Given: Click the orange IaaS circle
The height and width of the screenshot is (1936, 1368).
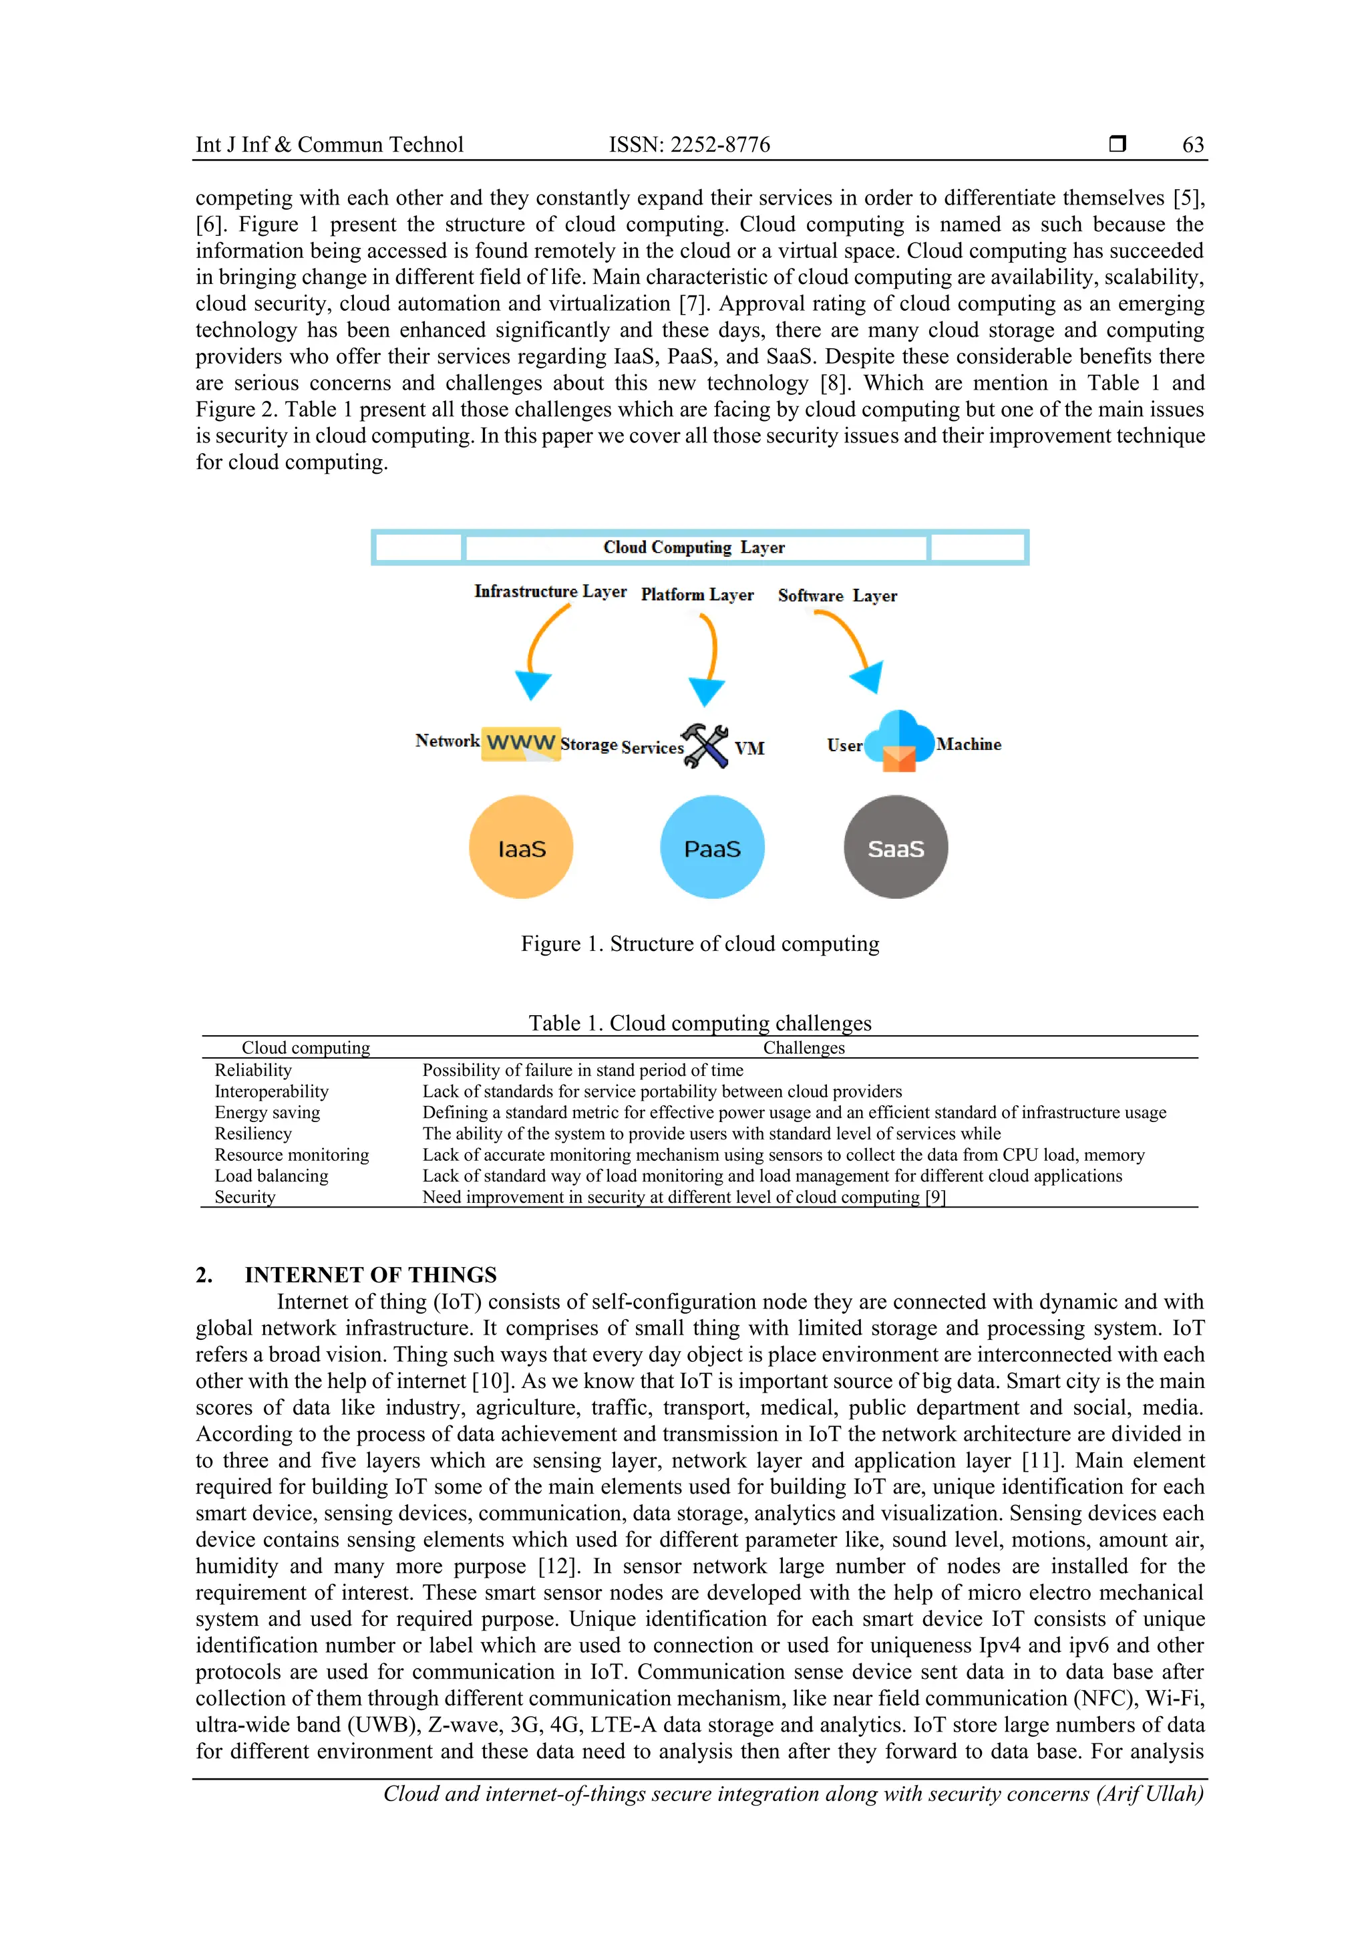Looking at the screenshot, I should tap(521, 847).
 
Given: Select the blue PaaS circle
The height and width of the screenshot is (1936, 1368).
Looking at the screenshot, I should tap(712, 847).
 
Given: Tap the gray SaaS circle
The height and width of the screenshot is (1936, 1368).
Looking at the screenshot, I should tap(895, 847).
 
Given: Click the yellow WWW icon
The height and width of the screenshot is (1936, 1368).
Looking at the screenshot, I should tap(520, 743).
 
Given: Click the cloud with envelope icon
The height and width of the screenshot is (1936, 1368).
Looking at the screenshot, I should tap(899, 741).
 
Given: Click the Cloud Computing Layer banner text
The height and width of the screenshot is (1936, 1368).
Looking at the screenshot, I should tap(694, 547).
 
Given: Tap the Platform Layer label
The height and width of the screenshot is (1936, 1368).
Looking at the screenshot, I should tap(697, 595).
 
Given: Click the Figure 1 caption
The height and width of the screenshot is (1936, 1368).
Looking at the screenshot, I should tap(699, 944).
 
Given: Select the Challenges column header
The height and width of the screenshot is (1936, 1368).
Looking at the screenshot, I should tap(804, 1047).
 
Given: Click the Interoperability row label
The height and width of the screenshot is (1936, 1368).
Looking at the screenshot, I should tap(271, 1091).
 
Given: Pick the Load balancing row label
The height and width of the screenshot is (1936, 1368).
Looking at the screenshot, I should tap(271, 1176).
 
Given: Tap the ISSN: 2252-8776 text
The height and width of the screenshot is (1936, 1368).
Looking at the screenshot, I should tap(689, 144).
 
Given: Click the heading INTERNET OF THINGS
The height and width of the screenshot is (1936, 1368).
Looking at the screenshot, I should tap(370, 1274).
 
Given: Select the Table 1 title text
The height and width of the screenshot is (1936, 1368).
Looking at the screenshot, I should tap(699, 1023).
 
